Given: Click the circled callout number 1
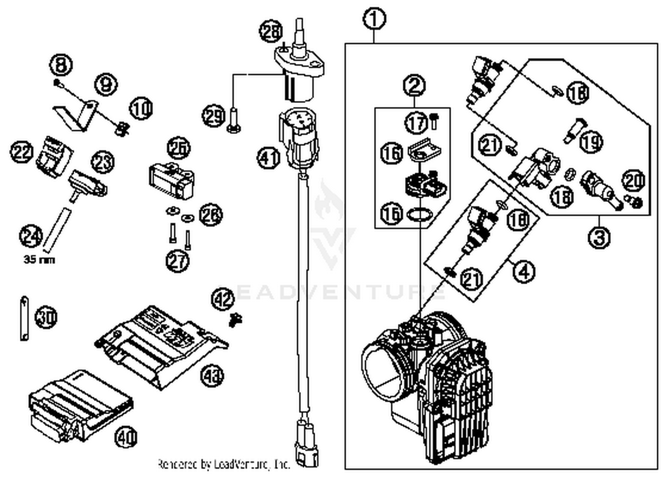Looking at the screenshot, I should (374, 19).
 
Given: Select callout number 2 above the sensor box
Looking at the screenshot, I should (414, 86).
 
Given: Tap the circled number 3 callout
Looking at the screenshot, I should (599, 237).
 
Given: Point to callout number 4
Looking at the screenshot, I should (524, 271).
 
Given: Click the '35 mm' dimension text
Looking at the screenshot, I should (39, 259).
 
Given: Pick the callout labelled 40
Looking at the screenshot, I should (126, 438).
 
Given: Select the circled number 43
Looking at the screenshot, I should (213, 376).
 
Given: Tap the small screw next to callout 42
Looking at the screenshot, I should (235, 319).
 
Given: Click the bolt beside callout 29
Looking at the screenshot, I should (233, 120).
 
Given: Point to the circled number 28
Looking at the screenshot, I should (271, 31).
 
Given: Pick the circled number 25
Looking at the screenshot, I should (179, 148).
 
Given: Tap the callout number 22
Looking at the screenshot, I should (22, 151).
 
